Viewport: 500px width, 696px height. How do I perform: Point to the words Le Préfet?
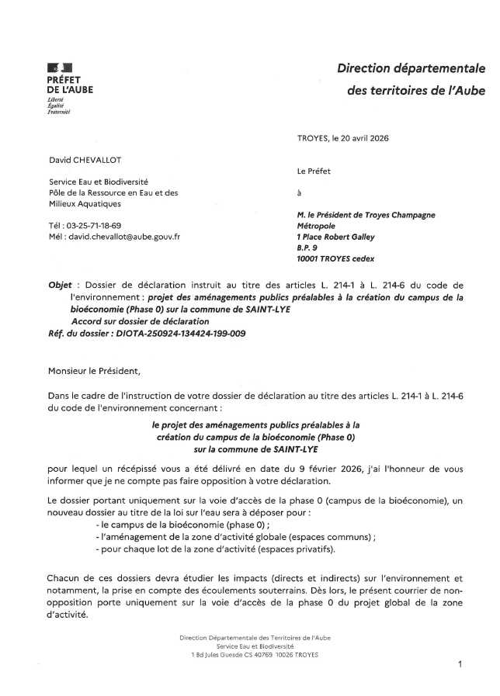(314, 171)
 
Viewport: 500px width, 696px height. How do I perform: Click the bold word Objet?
(61, 286)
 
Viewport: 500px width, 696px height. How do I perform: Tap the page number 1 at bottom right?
(460, 665)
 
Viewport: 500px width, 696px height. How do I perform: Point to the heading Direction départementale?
(411, 69)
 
